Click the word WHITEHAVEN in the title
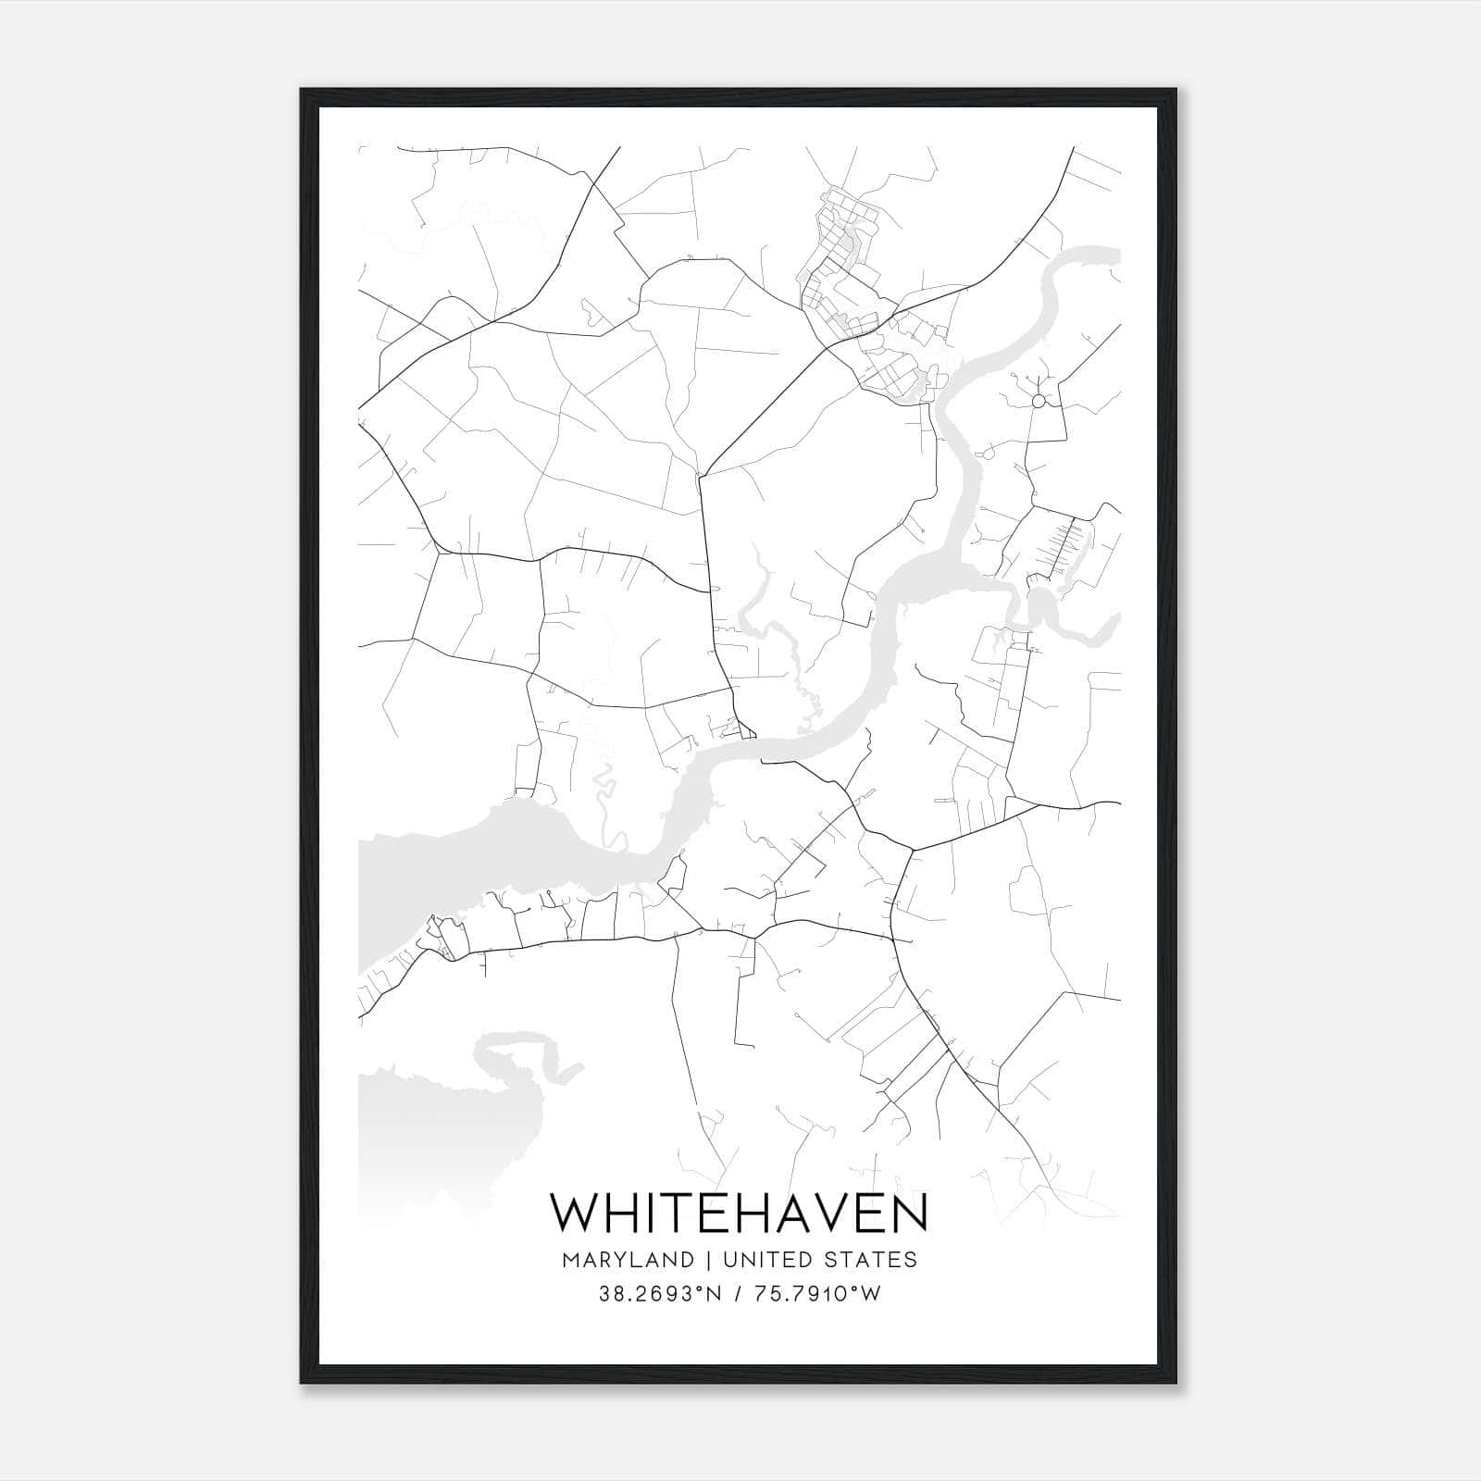pos(739,1213)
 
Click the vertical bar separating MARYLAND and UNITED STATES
pos(708,1260)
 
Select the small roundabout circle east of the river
pos(1039,401)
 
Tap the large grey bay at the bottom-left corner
pos(417,1129)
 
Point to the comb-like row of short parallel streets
pos(1064,546)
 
